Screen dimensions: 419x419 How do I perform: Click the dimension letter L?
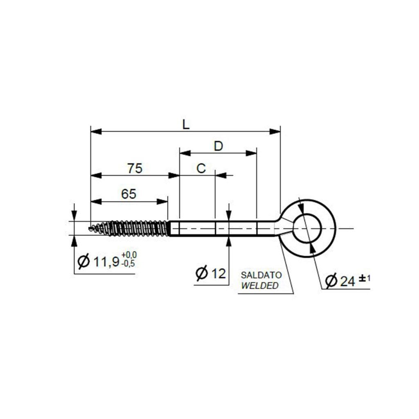tap(186, 125)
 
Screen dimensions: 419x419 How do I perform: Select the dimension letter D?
tap(219, 146)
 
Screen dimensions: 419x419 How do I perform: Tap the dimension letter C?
tap(201, 169)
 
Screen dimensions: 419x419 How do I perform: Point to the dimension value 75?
tap(135, 169)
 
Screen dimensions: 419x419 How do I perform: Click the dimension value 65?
tap(128, 194)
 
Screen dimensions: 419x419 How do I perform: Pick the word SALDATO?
tap(261, 275)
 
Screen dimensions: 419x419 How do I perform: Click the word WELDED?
tap(259, 285)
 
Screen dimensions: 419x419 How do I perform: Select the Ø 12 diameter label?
tap(211, 273)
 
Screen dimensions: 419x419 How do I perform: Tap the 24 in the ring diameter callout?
tap(347, 281)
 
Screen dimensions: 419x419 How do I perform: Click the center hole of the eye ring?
tap(308, 228)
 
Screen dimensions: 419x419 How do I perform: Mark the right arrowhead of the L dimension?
tap(275, 131)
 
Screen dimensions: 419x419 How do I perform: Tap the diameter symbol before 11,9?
tap(83, 261)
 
